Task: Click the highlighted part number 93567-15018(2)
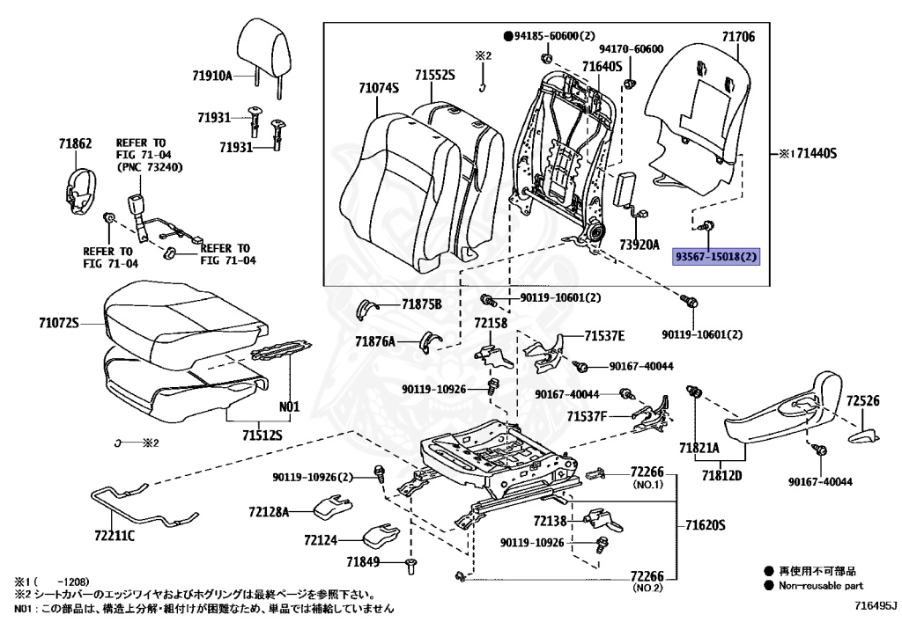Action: [x=716, y=257]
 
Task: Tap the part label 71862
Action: [x=76, y=143]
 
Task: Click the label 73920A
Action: [x=639, y=245]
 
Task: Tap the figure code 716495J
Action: [x=874, y=606]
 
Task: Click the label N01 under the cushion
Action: [x=290, y=406]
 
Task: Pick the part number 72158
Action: [x=491, y=325]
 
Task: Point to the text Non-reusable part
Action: [x=819, y=585]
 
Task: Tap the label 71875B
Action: [x=421, y=304]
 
